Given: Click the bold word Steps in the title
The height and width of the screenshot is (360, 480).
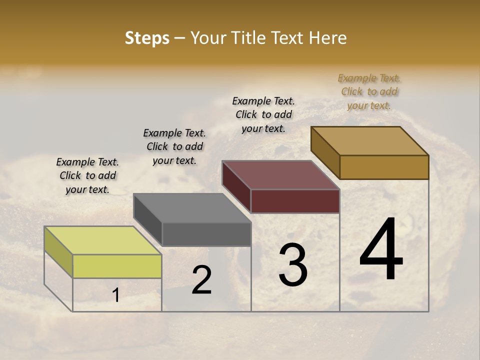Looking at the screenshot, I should coord(147,38).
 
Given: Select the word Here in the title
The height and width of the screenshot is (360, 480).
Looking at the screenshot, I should coord(328,38).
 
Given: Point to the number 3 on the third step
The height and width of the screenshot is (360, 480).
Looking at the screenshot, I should coord(293,265).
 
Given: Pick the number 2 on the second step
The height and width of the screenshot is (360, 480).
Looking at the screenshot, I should coord(201,280).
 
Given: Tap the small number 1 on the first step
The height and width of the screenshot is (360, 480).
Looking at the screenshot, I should coord(116,295).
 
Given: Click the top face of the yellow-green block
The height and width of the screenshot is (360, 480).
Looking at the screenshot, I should coord(103,240).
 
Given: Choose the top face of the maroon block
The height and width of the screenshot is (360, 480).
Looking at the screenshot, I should coord(281,175).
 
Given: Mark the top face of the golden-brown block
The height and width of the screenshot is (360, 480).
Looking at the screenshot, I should coord(370,141).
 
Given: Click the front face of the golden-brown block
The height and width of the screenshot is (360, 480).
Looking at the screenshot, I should coord(384,167).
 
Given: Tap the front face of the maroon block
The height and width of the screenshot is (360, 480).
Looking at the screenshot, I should coord(295,201).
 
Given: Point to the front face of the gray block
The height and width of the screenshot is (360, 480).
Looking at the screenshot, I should coord(206,234).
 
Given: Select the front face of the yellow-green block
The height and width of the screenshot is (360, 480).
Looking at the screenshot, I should coord(117,266).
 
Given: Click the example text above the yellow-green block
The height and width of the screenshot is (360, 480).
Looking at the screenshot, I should coord(87,175).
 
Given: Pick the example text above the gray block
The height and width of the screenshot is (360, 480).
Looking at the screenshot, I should coord(174,146).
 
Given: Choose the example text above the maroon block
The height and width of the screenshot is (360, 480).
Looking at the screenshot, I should coord(263,114).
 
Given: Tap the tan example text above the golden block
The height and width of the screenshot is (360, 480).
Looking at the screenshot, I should coord(369,91).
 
